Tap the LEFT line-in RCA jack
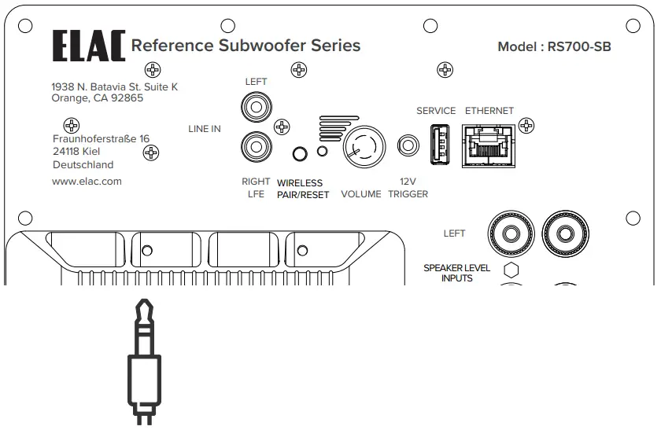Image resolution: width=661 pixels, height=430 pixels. pyautogui.click(x=255, y=104)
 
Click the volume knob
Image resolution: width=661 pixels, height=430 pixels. pyautogui.click(x=363, y=145)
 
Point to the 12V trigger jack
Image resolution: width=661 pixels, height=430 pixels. pyautogui.click(x=408, y=145)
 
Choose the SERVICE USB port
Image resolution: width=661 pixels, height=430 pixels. pyautogui.click(x=439, y=144)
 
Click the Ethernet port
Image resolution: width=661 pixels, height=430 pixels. pyautogui.click(x=488, y=144)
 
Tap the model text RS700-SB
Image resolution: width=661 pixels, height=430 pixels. pyautogui.click(x=581, y=47)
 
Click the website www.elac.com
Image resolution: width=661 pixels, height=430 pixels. pyautogui.click(x=87, y=181)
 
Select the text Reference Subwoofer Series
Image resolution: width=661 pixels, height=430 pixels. pyautogui.click(x=246, y=46)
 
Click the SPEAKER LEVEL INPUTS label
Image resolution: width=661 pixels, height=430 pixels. pyautogui.click(x=456, y=273)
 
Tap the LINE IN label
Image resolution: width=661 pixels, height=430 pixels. pyautogui.click(x=205, y=129)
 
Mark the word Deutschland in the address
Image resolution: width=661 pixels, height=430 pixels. pyautogui.click(x=83, y=165)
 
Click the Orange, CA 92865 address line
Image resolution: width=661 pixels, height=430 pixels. pyautogui.click(x=98, y=98)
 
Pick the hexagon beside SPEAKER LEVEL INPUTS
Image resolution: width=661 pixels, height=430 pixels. pyautogui.click(x=511, y=270)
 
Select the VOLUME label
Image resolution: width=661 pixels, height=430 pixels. pyautogui.click(x=360, y=194)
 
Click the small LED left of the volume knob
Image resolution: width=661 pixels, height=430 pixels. pyautogui.click(x=321, y=151)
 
